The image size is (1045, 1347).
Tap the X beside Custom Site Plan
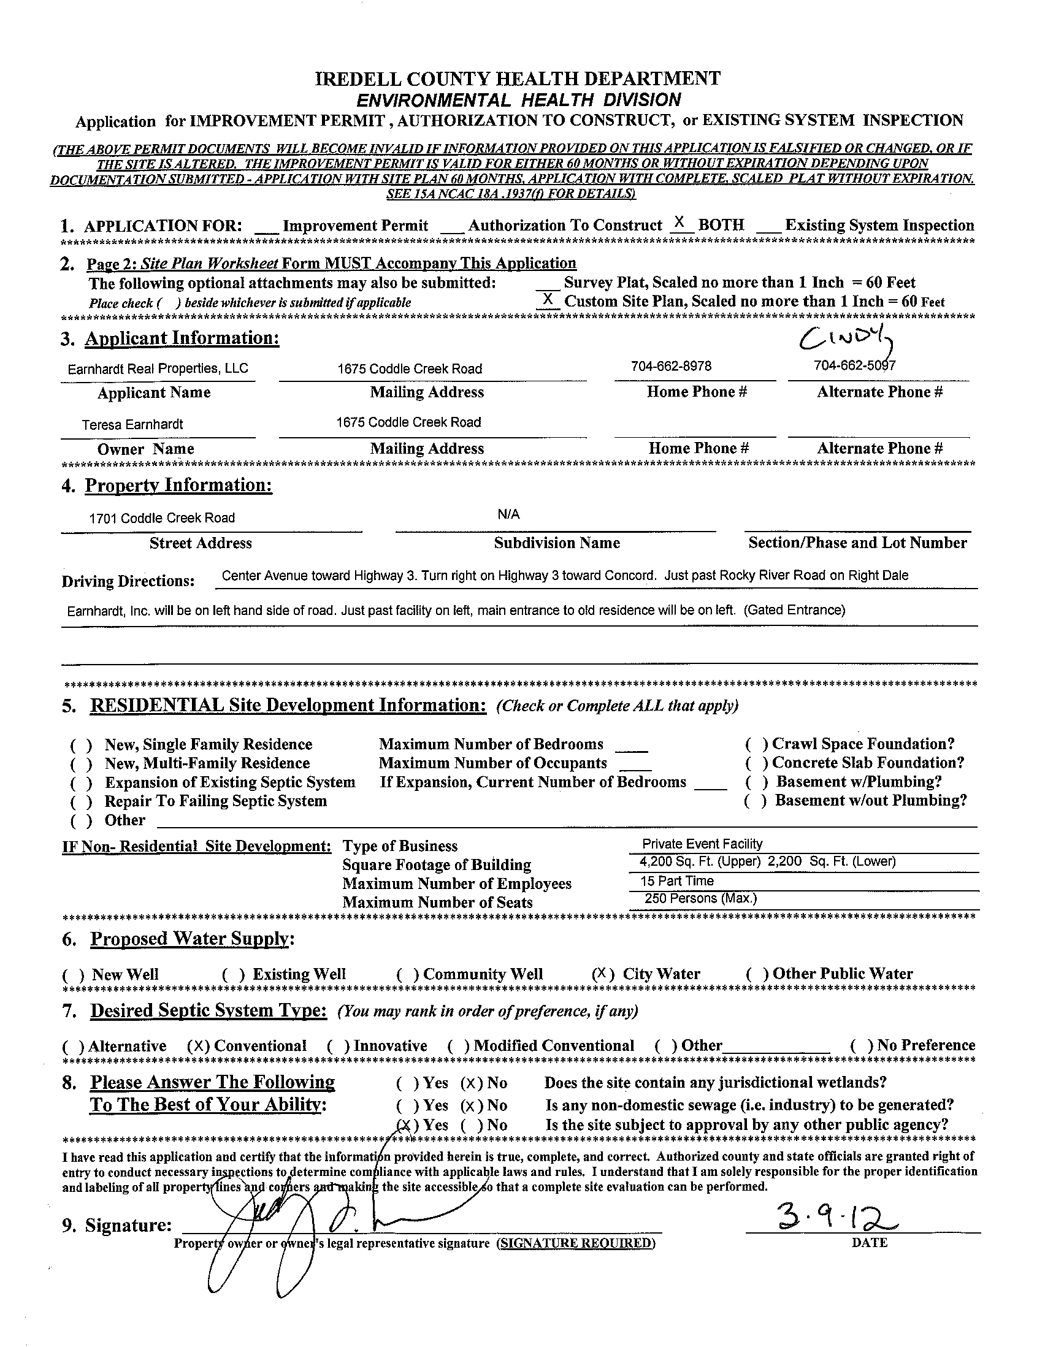pos(547,299)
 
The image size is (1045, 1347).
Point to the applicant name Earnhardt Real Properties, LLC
pos(158,369)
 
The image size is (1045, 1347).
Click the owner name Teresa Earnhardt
pos(132,424)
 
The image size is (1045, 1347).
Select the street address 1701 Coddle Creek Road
pos(163,518)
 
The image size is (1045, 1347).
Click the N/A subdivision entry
pos(508,514)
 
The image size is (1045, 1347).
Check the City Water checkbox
pos(603,974)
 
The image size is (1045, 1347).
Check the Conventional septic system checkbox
pos(199,1046)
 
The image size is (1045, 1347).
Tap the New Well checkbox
pos(74,975)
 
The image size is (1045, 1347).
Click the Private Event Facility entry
pos(702,844)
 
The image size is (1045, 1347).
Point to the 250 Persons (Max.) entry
pos(700,899)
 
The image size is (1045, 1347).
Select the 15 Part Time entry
pos(676,880)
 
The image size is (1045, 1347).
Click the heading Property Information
pos(178,486)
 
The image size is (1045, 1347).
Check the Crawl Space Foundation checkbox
pos(756,744)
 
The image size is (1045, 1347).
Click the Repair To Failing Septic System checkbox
pos(82,802)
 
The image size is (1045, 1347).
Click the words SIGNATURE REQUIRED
pos(576,1243)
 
